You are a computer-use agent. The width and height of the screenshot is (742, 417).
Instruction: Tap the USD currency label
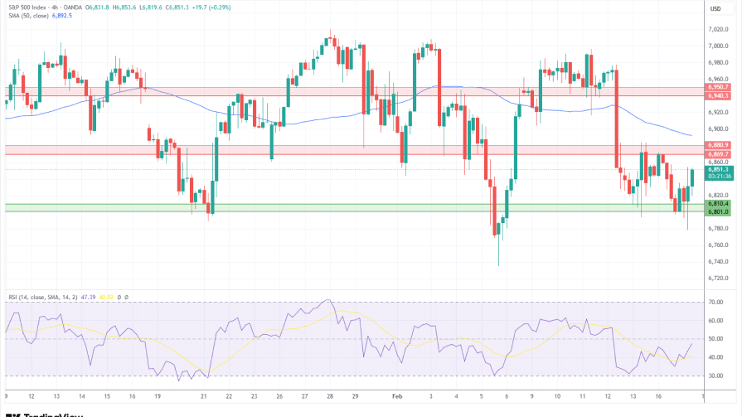coord(715,8)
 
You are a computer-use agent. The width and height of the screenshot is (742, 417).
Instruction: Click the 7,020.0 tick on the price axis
coord(718,30)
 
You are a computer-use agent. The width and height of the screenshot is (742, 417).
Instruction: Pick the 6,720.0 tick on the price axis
coord(718,278)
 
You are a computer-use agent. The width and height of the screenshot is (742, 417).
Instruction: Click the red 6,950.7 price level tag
coord(718,87)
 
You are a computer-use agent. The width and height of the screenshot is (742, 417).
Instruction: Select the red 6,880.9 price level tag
coord(718,145)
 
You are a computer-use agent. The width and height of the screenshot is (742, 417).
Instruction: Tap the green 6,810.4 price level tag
coord(718,203)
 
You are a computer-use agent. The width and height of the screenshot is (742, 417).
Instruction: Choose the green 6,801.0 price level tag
coord(718,211)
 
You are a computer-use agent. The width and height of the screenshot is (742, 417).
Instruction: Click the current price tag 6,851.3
coord(718,169)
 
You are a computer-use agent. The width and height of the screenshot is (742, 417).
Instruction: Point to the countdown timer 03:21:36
coord(718,177)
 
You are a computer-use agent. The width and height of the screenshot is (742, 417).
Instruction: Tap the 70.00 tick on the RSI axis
coord(716,303)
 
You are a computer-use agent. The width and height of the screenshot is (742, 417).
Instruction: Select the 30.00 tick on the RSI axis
coord(716,376)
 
